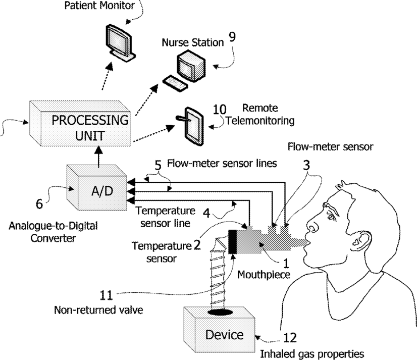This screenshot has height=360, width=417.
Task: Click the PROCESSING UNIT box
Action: click(x=80, y=124)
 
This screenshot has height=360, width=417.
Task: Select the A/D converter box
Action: click(x=97, y=187)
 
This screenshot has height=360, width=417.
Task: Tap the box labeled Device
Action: click(x=220, y=330)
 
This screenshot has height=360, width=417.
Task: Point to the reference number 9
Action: click(x=232, y=37)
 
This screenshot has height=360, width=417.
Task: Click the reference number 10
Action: click(x=220, y=110)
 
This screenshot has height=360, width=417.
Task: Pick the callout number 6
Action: click(x=39, y=204)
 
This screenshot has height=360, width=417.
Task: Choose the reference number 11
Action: click(x=106, y=295)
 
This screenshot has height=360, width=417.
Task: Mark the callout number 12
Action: click(x=290, y=338)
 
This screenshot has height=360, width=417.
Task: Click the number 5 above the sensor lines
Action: click(x=158, y=166)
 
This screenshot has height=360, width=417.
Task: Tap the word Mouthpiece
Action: click(x=264, y=275)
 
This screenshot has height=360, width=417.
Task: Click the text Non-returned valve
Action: click(x=98, y=310)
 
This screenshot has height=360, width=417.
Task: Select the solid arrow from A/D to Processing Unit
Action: click(x=98, y=157)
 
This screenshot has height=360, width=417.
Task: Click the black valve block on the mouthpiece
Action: click(x=232, y=241)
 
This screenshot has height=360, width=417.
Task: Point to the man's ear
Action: click(x=361, y=240)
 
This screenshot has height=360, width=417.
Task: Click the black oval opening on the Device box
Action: click(x=221, y=312)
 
